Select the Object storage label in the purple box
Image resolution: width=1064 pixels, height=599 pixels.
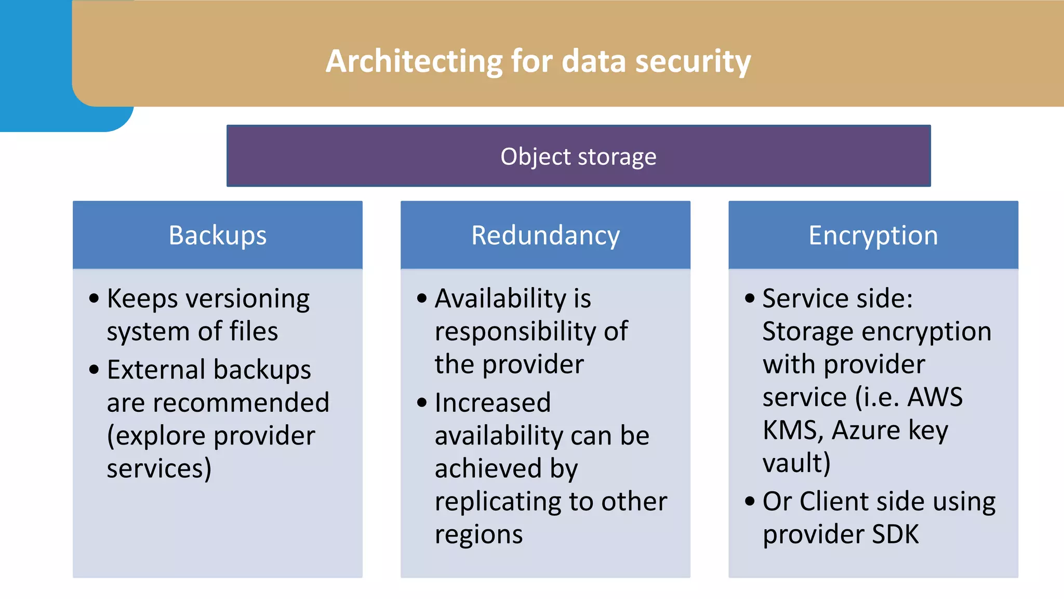[x=578, y=157]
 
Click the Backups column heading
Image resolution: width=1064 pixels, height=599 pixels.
[x=217, y=236]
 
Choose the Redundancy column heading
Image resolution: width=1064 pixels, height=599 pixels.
[x=545, y=236]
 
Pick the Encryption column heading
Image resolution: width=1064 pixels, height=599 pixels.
[x=873, y=236]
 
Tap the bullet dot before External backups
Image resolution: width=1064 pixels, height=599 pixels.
[x=94, y=370]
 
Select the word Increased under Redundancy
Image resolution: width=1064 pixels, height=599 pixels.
[x=493, y=402]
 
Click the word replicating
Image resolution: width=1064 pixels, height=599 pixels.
[x=499, y=502]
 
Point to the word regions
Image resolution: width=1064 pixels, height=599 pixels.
[x=478, y=535]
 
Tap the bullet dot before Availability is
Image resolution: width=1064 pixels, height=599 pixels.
[x=422, y=298]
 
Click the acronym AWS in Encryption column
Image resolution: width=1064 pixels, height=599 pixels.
[x=935, y=397]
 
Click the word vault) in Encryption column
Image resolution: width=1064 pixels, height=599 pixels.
[x=796, y=463]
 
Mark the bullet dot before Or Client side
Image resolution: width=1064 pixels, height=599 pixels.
[x=750, y=502]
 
